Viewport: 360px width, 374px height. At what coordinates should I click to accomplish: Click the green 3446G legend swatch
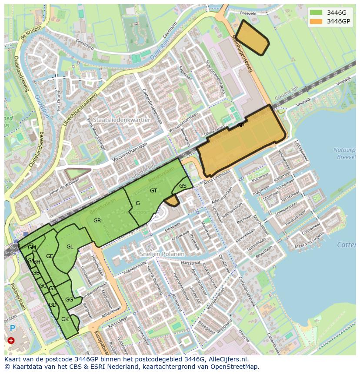tap(317, 13)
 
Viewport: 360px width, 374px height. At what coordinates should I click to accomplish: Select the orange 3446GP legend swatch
tap(317, 21)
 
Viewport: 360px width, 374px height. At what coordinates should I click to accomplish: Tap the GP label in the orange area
tap(240, 126)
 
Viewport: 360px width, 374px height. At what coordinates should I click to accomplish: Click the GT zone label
tap(153, 190)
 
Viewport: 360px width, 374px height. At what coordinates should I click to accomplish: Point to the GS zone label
tap(183, 186)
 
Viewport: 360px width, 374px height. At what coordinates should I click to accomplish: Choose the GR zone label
tap(97, 221)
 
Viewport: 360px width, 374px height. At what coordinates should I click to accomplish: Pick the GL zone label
tap(70, 247)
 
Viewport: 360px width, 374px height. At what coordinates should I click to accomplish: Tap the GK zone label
tap(65, 319)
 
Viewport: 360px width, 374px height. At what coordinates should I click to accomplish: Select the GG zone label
tap(69, 300)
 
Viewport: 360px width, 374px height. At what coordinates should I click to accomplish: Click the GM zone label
tap(32, 248)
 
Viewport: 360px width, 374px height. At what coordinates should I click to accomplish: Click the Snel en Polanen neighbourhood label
tap(162, 254)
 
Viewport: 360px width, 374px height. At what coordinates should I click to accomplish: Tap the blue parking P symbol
tap(12, 329)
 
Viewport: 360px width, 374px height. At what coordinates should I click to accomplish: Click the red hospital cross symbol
tap(11, 341)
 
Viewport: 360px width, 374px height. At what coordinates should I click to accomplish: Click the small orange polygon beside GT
tap(173, 201)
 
